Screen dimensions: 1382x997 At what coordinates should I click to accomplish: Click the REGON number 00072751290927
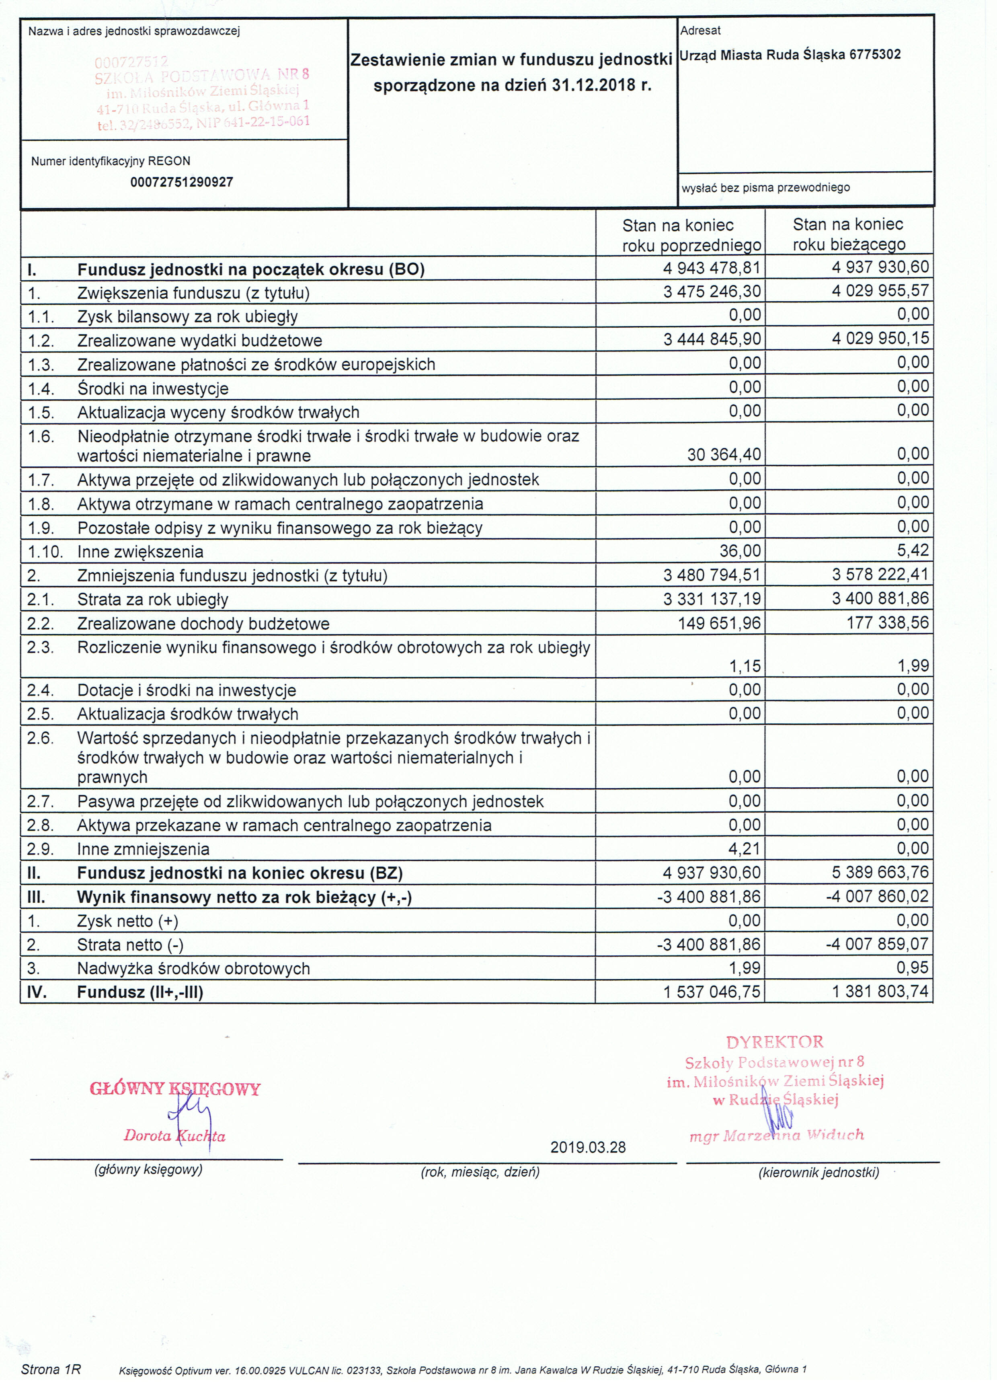click(x=182, y=182)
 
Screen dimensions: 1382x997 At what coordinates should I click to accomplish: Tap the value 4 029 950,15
click(x=880, y=338)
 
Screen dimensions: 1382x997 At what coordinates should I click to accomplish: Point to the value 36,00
click(x=740, y=551)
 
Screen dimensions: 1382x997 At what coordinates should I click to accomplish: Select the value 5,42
click(x=912, y=550)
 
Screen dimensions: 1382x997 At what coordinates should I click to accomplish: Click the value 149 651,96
click(x=719, y=623)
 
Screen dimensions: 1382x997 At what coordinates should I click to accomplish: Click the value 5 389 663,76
click(x=880, y=872)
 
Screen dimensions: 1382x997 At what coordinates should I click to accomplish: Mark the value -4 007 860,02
click(x=877, y=896)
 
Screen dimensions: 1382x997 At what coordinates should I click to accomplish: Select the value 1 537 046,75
click(x=712, y=992)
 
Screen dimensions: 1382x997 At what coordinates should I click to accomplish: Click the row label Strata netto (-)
click(x=130, y=945)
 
